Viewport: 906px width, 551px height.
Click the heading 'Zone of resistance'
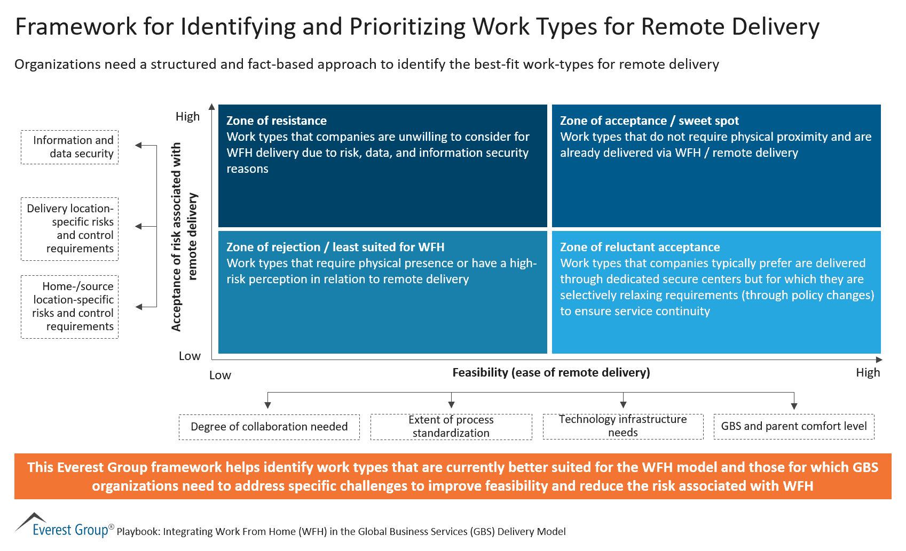(276, 121)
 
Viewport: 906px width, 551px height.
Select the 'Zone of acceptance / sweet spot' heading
(649, 121)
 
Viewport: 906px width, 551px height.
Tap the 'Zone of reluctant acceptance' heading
(640, 247)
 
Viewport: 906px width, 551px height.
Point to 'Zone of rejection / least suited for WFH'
(335, 247)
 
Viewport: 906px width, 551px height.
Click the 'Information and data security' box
(69, 147)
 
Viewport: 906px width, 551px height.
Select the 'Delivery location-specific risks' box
(69, 229)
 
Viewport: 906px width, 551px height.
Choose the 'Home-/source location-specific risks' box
(69, 307)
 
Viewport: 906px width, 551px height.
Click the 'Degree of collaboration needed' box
(269, 427)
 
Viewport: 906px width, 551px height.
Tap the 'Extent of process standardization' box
(451, 427)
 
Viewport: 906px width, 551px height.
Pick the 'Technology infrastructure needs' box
(623, 426)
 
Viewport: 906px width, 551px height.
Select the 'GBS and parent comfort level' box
(793, 426)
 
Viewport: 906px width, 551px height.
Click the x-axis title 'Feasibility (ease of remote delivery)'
(551, 372)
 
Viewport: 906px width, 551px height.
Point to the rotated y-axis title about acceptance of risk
(184, 236)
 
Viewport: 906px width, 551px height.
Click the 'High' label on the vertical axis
(187, 116)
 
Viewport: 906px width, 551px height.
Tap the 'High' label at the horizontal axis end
(868, 372)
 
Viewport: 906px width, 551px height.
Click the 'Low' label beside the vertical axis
(190, 356)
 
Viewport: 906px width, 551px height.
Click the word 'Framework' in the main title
(76, 27)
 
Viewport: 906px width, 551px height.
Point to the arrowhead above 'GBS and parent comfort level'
(794, 406)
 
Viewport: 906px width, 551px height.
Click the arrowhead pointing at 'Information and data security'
(139, 145)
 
